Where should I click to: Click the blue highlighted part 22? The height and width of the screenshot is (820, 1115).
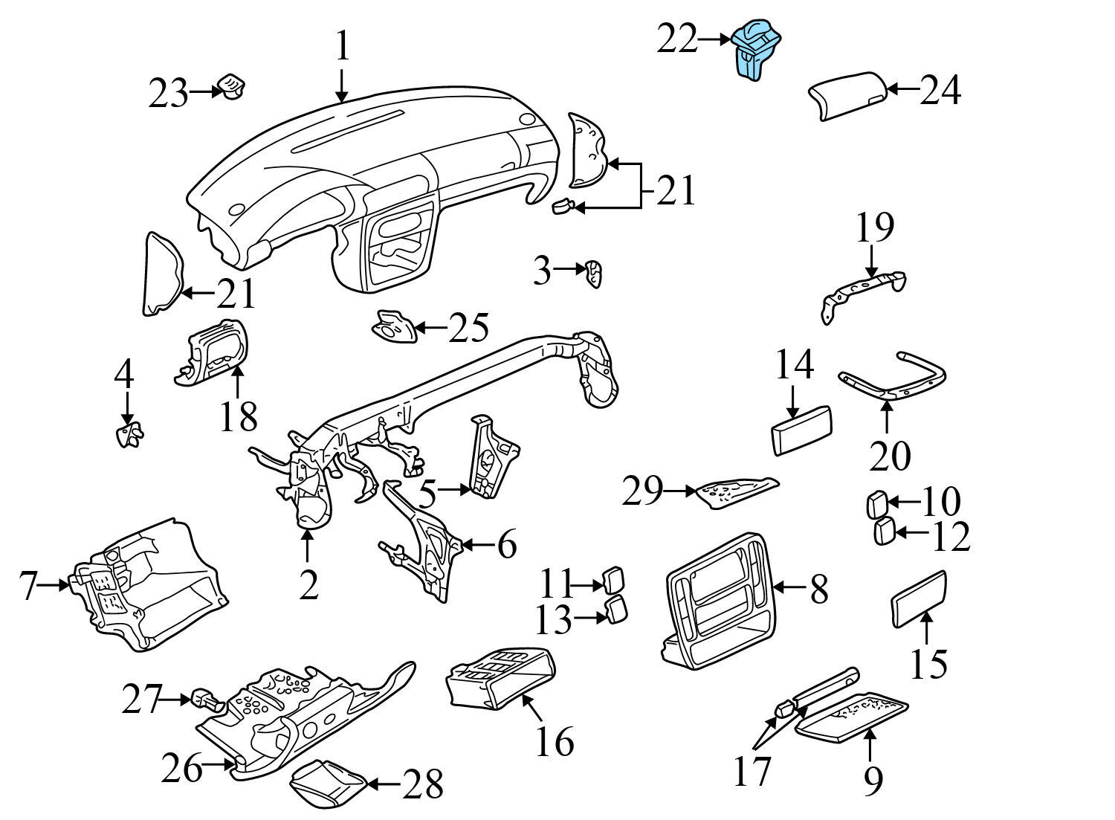coord(755,49)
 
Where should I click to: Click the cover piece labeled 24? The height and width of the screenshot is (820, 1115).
coord(847,95)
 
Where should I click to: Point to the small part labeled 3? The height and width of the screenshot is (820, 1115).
coord(593,274)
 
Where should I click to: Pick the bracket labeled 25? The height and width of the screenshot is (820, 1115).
coord(392,328)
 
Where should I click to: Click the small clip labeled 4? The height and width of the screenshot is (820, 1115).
coord(130,434)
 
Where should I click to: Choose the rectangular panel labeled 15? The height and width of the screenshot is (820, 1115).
coord(917,598)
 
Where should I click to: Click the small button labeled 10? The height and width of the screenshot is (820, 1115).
coord(876,504)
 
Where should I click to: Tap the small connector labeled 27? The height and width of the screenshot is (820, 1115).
coord(205,699)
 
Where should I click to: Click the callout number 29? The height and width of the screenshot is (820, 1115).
coord(641,491)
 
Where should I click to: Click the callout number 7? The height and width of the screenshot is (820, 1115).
coord(28,586)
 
